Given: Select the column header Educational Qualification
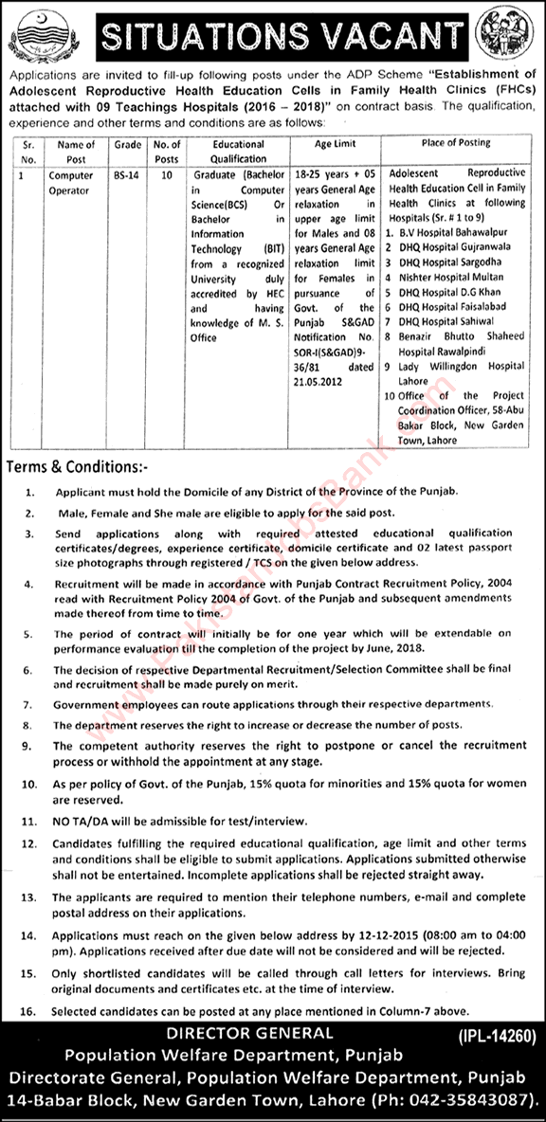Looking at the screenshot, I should pyautogui.click(x=239, y=151).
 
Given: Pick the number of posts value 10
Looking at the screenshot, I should pyautogui.click(x=167, y=176).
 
